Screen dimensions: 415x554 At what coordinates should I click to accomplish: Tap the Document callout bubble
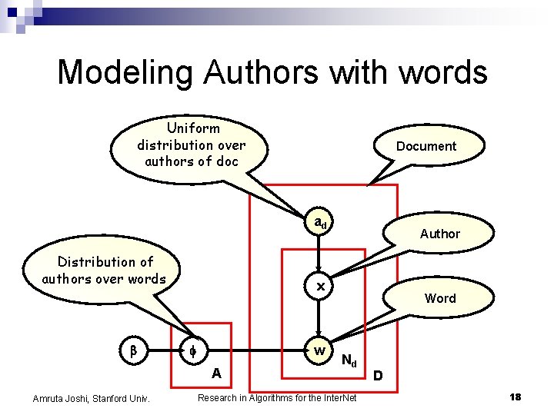[x=426, y=146]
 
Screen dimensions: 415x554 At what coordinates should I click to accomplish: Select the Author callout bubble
[x=439, y=234]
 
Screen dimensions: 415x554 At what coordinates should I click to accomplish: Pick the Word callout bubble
[x=440, y=298]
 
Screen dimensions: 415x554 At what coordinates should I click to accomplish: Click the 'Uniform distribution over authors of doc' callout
[x=191, y=144]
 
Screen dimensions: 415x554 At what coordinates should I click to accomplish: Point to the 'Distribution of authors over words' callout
[x=104, y=271]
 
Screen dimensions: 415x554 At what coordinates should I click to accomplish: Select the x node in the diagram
[x=321, y=286]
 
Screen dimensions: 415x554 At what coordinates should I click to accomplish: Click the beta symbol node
[x=132, y=351]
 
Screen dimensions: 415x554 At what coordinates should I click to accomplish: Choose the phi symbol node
[x=193, y=351]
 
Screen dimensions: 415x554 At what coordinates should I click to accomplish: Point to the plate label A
[x=217, y=373]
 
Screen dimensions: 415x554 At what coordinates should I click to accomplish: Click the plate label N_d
[x=349, y=360]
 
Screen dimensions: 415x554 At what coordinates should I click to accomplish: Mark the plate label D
[x=377, y=376]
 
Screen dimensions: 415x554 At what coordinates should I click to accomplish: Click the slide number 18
[x=515, y=397]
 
